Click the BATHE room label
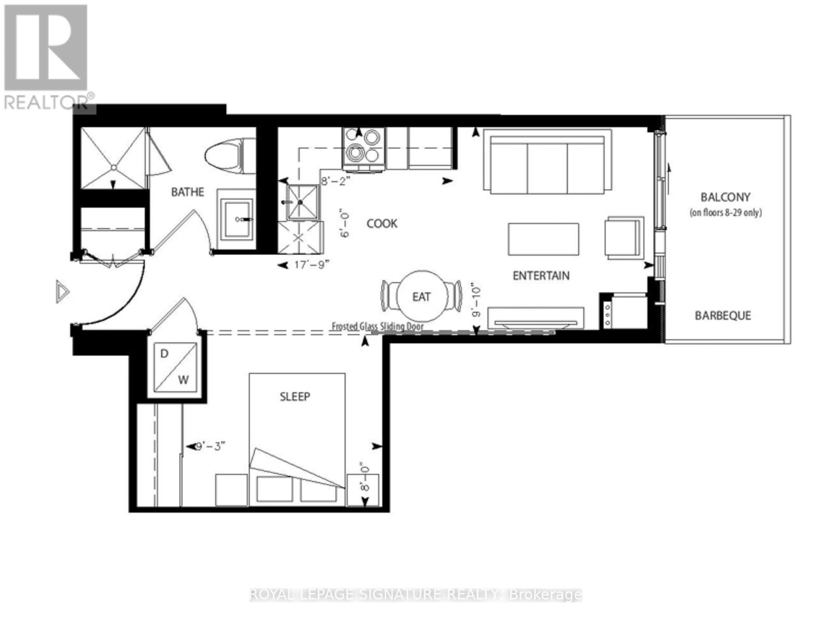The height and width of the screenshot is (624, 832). coord(188,192)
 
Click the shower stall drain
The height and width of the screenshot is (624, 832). coord(113,167)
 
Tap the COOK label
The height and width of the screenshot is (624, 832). coord(382,224)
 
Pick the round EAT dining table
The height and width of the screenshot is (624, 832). coord(421,296)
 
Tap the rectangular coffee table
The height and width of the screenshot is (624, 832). coord(543,239)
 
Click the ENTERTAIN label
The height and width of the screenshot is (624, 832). coord(541,276)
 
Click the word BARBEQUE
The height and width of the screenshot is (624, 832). coord(723,316)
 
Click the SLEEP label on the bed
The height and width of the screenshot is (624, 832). coord(295,397)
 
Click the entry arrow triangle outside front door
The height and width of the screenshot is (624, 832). coord(62,292)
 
